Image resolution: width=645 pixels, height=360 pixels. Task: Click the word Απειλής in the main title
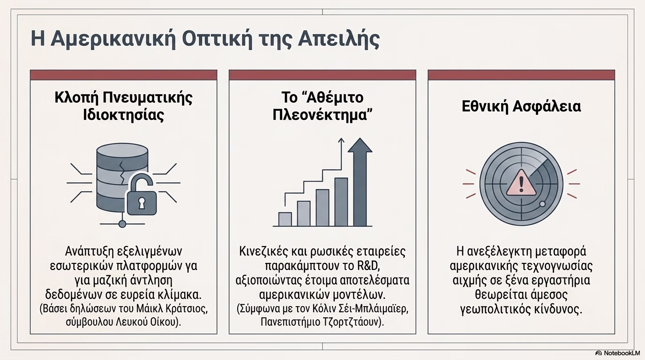338,39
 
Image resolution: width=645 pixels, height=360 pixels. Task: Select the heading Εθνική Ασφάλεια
521,106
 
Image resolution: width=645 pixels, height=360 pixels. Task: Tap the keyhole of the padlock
142,203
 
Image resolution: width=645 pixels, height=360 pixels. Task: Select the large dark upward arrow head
360,145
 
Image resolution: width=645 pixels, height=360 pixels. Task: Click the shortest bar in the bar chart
285,219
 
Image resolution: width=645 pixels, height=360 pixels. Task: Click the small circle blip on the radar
542,204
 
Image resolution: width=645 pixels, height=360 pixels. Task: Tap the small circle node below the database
122,224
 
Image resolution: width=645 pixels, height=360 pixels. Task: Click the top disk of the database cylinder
122,151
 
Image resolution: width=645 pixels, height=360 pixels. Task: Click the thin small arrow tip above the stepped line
341,139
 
